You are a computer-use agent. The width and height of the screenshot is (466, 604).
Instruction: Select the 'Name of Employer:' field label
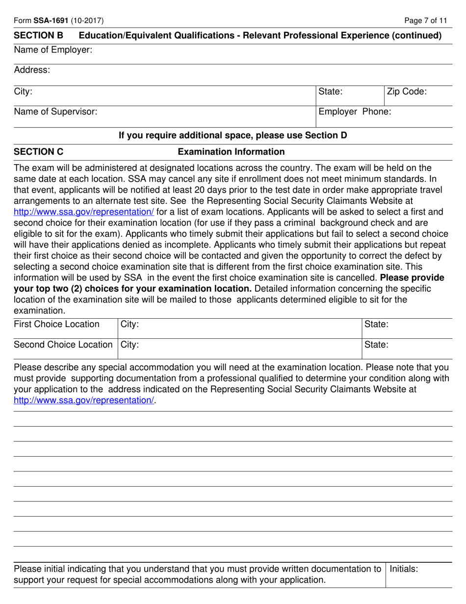pos(53,50)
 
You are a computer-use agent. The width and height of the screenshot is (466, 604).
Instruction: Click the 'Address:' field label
pos(32,70)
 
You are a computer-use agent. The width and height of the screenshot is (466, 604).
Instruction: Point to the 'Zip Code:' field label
pos(407,91)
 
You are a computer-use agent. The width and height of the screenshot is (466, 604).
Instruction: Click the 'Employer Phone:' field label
pos(355,111)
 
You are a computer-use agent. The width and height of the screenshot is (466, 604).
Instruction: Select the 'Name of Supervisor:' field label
pos(55,111)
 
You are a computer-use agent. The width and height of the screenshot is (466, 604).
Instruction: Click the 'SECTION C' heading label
pos(39,152)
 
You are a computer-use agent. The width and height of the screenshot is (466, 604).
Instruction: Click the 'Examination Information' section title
pos(231,152)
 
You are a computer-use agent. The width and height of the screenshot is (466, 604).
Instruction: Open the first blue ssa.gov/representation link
pos(84,212)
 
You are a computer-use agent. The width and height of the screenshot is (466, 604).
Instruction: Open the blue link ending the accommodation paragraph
pos(84,400)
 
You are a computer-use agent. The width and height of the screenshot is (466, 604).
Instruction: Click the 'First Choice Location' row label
pos(56,324)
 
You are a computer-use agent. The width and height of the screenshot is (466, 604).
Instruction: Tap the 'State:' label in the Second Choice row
pos(377,345)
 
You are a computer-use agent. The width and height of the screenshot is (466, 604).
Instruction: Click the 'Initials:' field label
pos(404,569)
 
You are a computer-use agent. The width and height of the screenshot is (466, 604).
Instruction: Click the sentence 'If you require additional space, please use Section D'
pos(233,135)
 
